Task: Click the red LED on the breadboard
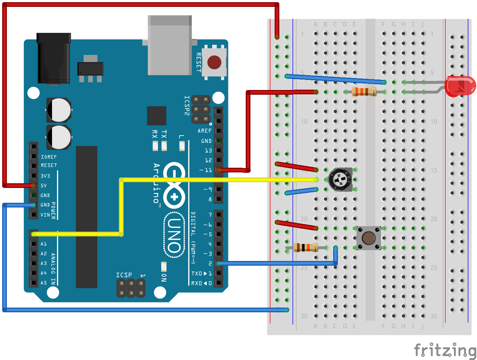coord(460,86)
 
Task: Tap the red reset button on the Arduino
coord(214,63)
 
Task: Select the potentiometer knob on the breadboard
coord(340,180)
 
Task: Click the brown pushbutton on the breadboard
coord(369,238)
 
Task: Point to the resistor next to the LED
coord(364,92)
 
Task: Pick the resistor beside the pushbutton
coord(305,248)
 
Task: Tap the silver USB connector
coord(169,45)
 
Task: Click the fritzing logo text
coord(444,350)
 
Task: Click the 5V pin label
coord(44,185)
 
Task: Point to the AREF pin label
coord(205,131)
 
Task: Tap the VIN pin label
coord(45,215)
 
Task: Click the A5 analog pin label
coord(43,283)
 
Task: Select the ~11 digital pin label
coord(206,170)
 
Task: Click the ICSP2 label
coord(187,106)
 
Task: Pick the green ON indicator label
coord(164,278)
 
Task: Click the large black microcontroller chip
coord(86,217)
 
